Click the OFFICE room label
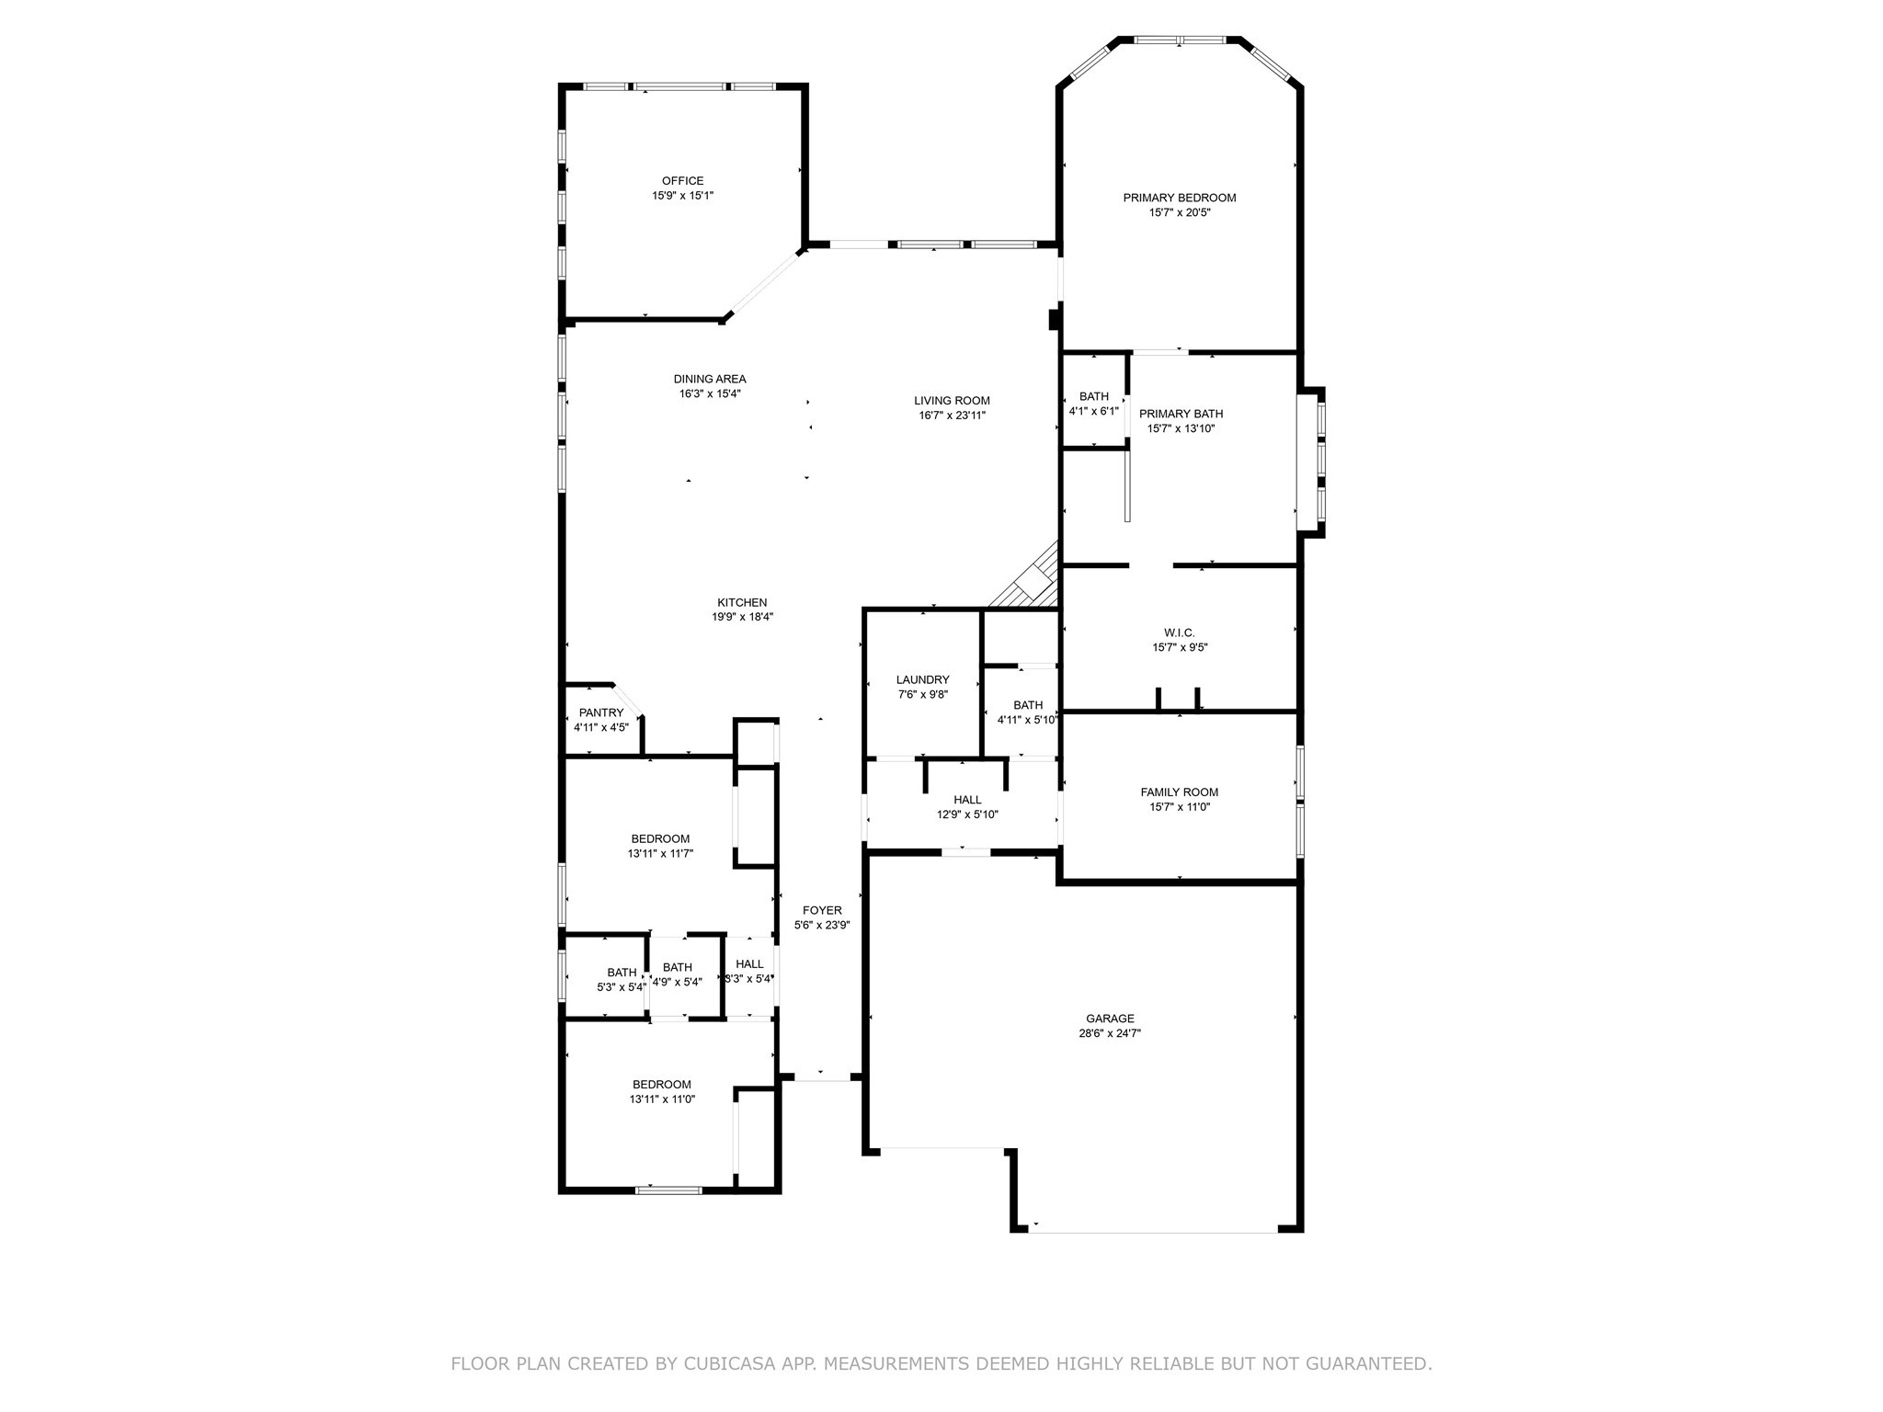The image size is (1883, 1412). coord(682,181)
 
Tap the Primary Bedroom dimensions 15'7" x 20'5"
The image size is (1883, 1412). coord(1179,212)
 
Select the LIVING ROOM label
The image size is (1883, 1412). coord(952,401)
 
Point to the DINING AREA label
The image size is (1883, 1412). coord(709,379)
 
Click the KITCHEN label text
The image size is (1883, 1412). coord(742,603)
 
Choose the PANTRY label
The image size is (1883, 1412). coord(601,712)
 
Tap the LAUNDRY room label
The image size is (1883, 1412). coord(922,680)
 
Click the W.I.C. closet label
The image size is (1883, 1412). coord(1180,632)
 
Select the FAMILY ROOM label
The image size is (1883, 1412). coord(1179,792)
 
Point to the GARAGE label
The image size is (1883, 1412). coord(1110,1019)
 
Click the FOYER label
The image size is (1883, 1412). coord(822,911)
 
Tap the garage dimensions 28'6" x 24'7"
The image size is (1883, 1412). coord(1110,1033)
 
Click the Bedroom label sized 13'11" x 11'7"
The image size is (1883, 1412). coord(660,839)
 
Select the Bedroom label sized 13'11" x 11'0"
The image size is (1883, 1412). coord(661,1085)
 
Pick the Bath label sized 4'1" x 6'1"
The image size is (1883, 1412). coord(1093,397)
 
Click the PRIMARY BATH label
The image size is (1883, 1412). coord(1181,414)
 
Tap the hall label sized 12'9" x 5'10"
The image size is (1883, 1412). coord(967,800)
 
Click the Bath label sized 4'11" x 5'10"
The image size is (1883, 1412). coord(1028,705)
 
